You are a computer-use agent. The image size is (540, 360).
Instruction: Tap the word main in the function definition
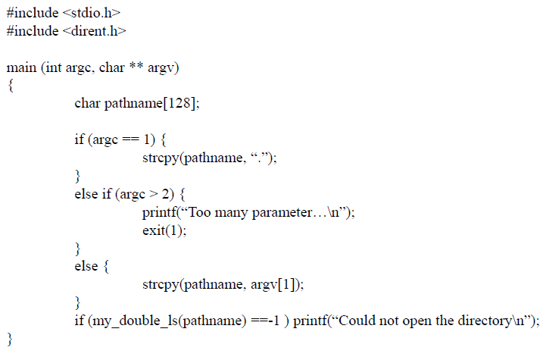point(20,67)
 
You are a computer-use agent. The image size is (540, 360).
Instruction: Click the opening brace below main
point(10,86)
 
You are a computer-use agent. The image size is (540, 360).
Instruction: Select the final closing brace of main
point(10,337)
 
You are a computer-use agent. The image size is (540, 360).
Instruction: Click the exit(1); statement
point(164,230)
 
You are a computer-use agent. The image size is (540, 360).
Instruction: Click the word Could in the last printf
point(358,321)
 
